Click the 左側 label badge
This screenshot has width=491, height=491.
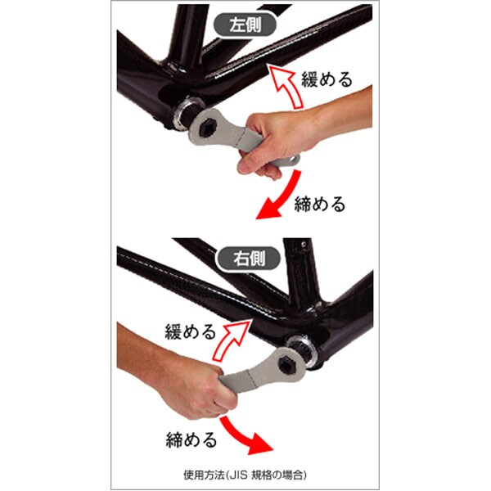[x=245, y=25]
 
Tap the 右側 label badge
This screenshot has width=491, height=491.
[x=249, y=259]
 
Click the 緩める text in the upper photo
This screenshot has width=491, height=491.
[x=327, y=79]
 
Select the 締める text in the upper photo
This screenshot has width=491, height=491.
[x=320, y=204]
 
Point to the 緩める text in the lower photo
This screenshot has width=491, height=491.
[x=191, y=331]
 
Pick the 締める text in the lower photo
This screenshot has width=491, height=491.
[x=191, y=439]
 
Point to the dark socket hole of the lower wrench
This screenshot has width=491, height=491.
[x=288, y=365]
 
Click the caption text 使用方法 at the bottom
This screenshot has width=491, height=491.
[x=204, y=475]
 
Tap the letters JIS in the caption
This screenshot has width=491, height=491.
[x=239, y=475]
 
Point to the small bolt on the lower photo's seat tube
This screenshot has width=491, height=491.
[x=303, y=244]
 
